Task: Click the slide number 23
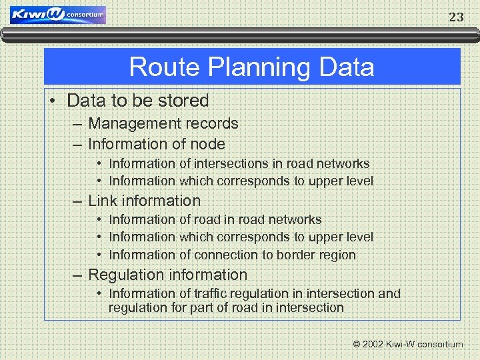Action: tap(456, 18)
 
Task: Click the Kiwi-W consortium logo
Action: tap(58, 15)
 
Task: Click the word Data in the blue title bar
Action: tap(347, 67)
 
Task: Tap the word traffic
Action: tap(217, 293)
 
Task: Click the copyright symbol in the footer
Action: tap(357, 345)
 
